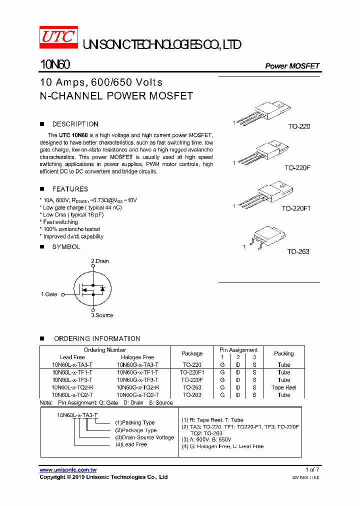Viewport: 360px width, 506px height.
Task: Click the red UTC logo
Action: [x=58, y=37]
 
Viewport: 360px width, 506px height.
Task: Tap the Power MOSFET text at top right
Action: [x=292, y=66]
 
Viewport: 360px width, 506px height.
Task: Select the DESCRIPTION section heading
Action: [x=75, y=124]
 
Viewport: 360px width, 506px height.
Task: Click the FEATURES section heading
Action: [x=70, y=189]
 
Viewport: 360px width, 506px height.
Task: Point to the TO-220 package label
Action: [x=298, y=126]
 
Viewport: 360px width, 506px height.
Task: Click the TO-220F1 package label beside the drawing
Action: [x=296, y=208]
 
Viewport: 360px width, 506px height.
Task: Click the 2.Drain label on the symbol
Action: [x=100, y=261]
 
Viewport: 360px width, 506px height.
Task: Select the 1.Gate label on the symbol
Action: [x=49, y=294]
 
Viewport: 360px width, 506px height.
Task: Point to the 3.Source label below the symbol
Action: [x=101, y=315]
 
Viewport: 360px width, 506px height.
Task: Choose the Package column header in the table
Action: [x=192, y=353]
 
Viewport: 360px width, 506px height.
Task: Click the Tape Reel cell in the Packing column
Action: [x=284, y=387]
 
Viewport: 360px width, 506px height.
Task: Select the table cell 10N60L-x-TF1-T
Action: [x=72, y=372]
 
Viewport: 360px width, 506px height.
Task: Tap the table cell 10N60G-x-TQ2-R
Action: [x=138, y=387]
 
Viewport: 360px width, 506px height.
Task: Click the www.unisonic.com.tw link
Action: [x=68, y=470]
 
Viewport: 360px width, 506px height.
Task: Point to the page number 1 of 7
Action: [x=312, y=469]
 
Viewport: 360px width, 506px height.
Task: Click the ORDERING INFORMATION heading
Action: [x=97, y=338]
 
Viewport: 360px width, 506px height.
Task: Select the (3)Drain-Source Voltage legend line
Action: [x=144, y=437]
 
